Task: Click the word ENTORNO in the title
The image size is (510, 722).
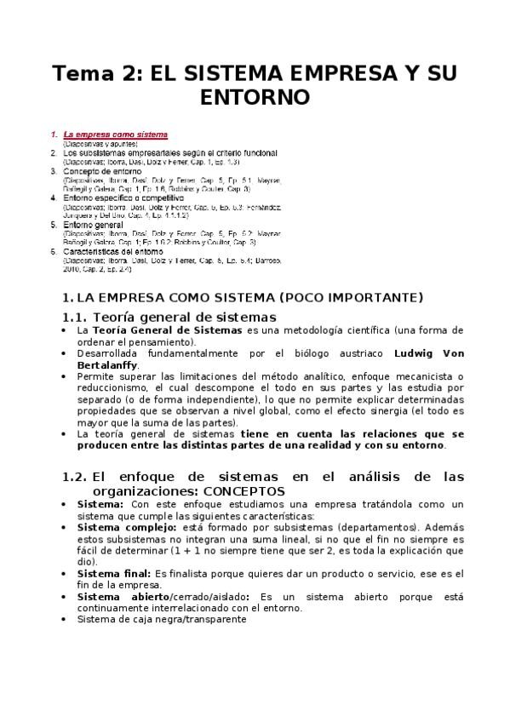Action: (x=255, y=98)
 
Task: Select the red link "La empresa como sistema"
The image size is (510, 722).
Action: (x=116, y=135)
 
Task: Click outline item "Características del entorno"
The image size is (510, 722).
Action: (x=113, y=251)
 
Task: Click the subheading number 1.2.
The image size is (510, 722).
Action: (x=76, y=477)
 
